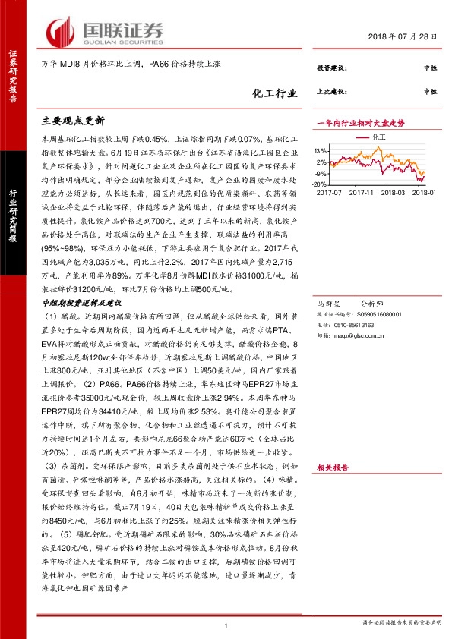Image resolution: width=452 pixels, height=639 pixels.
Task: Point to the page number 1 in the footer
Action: coord(226,625)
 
